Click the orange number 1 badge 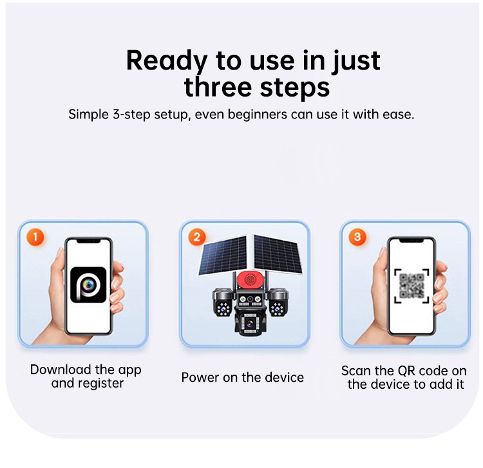tap(35, 237)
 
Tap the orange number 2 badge tap(196, 237)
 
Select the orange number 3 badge tap(357, 237)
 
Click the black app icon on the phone tap(88, 285)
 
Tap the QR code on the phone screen tap(412, 286)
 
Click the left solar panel tap(223, 256)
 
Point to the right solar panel tap(277, 254)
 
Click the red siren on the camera tap(250, 280)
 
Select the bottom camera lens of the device tap(249, 323)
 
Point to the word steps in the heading tap(295, 88)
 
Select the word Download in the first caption tap(61, 370)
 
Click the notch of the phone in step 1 tap(89, 241)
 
